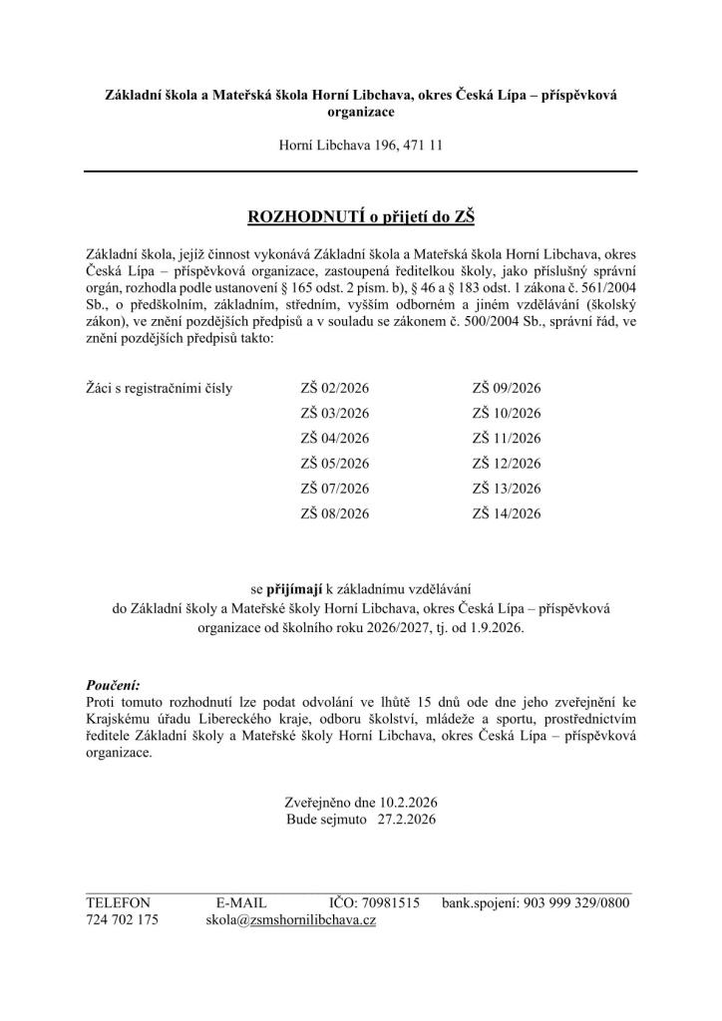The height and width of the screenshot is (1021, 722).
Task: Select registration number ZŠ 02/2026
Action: (334, 388)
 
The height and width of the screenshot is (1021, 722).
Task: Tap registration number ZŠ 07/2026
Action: (334, 489)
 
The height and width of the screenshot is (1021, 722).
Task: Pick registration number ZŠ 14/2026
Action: (506, 513)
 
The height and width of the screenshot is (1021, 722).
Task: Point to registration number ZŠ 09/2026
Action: (506, 388)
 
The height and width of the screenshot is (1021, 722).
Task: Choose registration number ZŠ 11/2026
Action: (506, 438)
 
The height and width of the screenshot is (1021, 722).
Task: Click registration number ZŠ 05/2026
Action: (334, 463)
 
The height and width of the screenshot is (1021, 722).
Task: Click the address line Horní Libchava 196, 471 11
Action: (361, 145)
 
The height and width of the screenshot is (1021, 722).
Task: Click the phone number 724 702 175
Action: (122, 919)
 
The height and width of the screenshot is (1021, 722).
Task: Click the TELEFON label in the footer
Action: (118, 901)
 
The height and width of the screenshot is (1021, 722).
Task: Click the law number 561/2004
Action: (597, 288)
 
